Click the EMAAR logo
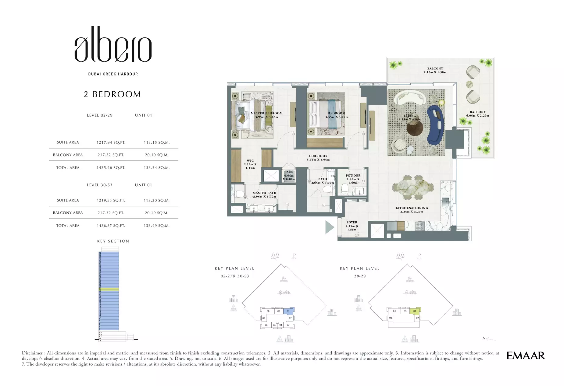click(525, 356)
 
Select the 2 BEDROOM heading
click(112, 94)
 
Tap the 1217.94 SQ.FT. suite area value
click(111, 142)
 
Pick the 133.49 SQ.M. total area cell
click(156, 226)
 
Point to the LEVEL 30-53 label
click(100, 185)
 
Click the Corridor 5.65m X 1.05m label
click(318, 158)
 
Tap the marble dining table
click(412, 186)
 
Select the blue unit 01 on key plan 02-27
click(288, 311)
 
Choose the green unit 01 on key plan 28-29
click(415, 311)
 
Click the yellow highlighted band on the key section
click(109, 289)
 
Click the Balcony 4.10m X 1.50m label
click(435, 70)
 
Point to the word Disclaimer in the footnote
click(32, 353)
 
